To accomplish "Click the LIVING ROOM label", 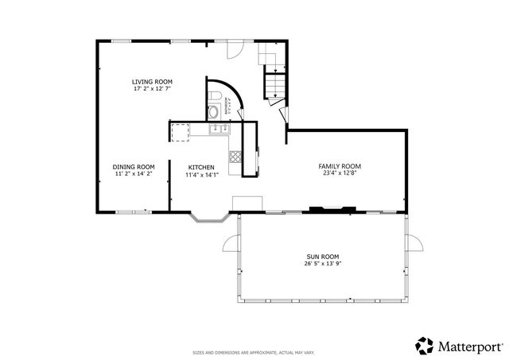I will pos(152,82).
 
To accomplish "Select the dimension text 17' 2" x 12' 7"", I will pos(152,89).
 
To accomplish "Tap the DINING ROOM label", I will pos(133,166).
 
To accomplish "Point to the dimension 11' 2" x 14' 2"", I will pos(133,173).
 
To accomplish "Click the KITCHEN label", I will pos(200,167).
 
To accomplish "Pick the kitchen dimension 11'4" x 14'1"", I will pos(200,175).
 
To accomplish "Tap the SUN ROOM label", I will pos(323,256).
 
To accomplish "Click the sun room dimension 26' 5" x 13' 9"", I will pos(323,263).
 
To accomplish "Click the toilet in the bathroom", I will pos(216,99).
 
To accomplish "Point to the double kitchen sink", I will pos(216,128).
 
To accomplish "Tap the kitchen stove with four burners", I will pos(235,157).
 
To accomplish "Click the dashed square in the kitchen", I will pos(181,130).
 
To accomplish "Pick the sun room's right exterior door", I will pos(413,242).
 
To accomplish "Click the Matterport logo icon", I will pos(424,346).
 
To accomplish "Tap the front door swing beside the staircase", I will pos(233,51).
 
